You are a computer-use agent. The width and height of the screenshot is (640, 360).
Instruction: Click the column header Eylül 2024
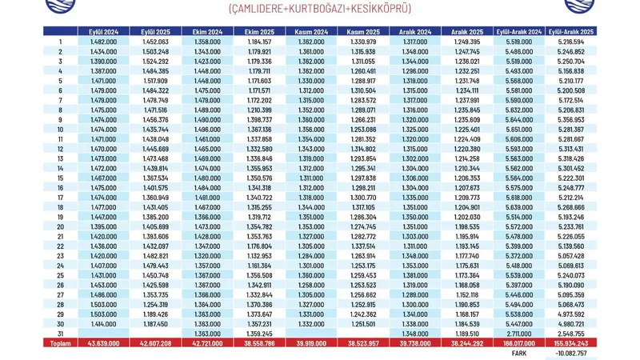(x=103, y=30)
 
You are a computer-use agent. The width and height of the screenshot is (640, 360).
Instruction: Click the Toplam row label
(x=58, y=342)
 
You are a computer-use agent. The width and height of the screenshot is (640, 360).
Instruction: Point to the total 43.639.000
(x=103, y=342)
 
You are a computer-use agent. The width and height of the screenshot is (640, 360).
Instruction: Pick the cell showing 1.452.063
(x=155, y=41)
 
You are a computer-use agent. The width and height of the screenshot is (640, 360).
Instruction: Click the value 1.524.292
(x=155, y=61)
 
